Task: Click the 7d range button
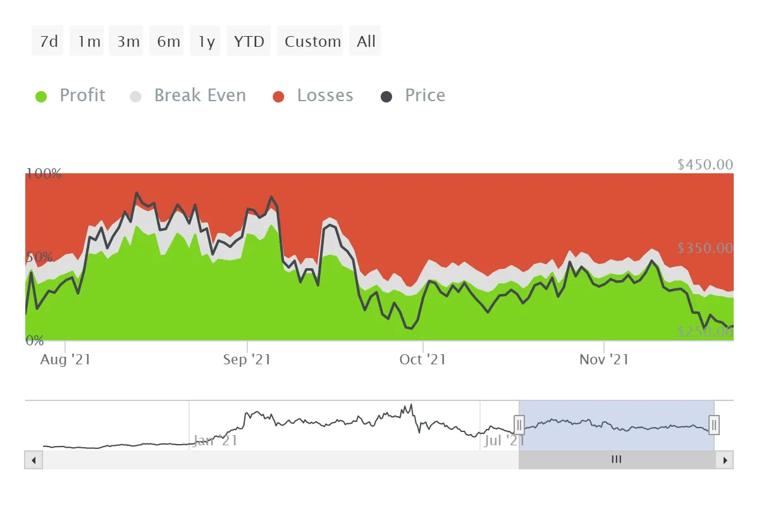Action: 48,42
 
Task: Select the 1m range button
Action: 89,42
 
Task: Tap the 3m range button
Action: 128,42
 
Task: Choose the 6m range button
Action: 168,42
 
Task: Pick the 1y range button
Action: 206,42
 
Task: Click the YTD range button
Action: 249,42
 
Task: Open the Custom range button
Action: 312,42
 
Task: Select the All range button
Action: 366,42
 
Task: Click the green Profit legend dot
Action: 42,97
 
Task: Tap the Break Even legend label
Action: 200,96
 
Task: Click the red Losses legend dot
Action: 278,97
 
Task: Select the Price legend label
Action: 425,96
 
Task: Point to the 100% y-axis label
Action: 44,173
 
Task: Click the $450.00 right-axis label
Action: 705,164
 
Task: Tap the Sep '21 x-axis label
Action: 247,359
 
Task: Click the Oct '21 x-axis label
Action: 423,359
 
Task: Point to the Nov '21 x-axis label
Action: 604,359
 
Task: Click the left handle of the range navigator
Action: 519,424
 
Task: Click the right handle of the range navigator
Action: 714,424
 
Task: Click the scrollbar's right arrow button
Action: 725,460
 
